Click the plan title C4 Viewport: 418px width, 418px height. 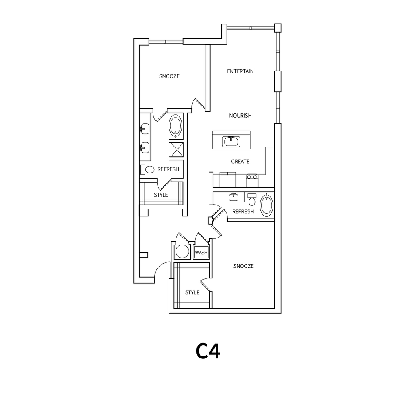point(208,351)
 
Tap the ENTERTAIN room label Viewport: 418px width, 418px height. point(240,71)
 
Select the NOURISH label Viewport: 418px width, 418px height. point(240,116)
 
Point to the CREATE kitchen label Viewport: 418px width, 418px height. point(240,162)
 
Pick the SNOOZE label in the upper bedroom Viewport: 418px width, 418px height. point(169,76)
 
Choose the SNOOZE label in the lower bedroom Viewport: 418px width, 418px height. point(243,266)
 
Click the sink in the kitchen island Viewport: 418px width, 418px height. point(231,142)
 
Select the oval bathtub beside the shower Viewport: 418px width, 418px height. point(176,126)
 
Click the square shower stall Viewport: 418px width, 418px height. point(178,149)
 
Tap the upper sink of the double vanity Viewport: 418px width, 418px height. point(144,129)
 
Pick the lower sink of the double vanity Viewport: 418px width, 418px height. point(144,147)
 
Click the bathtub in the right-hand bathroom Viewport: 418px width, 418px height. point(267,205)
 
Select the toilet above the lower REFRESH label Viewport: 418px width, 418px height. point(252,200)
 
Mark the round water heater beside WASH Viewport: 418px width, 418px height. point(182,252)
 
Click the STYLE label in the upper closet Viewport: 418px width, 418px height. point(161,195)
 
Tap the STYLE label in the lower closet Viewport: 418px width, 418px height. point(192,293)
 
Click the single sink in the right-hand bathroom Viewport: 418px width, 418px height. point(233,197)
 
